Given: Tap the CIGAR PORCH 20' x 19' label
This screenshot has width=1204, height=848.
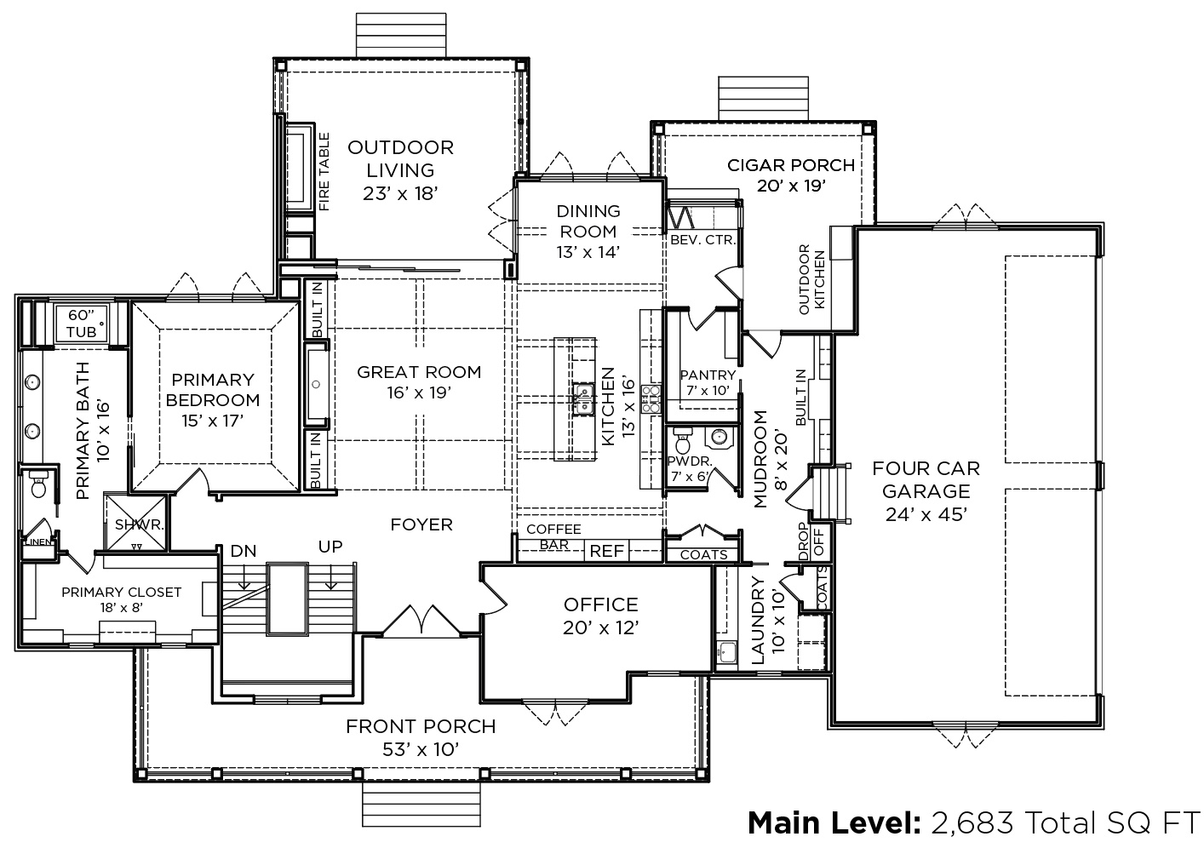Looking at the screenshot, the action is click(x=791, y=175).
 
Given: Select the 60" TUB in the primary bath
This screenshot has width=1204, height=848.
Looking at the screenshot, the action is click(x=82, y=324).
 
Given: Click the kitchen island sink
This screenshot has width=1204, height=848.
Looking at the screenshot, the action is click(x=583, y=399).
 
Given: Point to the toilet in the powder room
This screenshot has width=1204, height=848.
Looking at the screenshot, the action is click(x=683, y=441).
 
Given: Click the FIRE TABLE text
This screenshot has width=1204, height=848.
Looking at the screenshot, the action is click(x=324, y=172).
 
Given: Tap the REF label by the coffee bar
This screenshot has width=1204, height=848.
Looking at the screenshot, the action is click(x=607, y=551).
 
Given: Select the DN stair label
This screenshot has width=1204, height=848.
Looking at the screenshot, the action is click(x=244, y=551).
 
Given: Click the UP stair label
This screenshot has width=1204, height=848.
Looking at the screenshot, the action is click(x=330, y=547).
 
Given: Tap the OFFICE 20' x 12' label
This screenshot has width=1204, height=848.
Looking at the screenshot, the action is click(x=601, y=616).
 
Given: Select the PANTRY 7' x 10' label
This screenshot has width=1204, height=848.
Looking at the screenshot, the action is click(x=708, y=382).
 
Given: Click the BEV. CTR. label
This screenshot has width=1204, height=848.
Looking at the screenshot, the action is click(x=702, y=240).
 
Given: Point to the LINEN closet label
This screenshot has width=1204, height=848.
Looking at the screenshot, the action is click(x=38, y=541).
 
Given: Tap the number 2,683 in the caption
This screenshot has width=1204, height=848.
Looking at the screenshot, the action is click(x=972, y=822).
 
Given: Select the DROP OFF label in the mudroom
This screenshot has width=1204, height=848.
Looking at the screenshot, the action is click(x=811, y=541).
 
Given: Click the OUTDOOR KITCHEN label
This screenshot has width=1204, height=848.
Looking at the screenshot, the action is click(x=811, y=279).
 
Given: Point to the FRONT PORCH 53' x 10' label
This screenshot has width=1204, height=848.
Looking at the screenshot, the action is click(x=421, y=737).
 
